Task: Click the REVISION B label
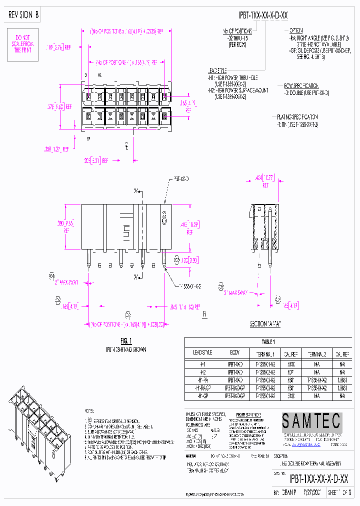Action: [x=23, y=15]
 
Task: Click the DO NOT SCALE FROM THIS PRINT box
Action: [x=22, y=44]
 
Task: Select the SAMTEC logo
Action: [x=311, y=421]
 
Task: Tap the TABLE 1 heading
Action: [x=268, y=342]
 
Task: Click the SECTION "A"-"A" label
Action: [x=265, y=324]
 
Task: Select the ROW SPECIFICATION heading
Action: [x=301, y=85]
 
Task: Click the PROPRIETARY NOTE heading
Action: [x=250, y=415]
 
